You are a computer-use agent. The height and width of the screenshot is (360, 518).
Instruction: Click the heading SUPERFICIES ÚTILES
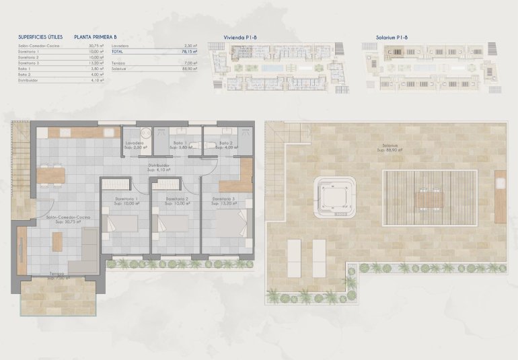41,39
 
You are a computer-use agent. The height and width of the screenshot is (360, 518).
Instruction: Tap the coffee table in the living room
57,241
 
